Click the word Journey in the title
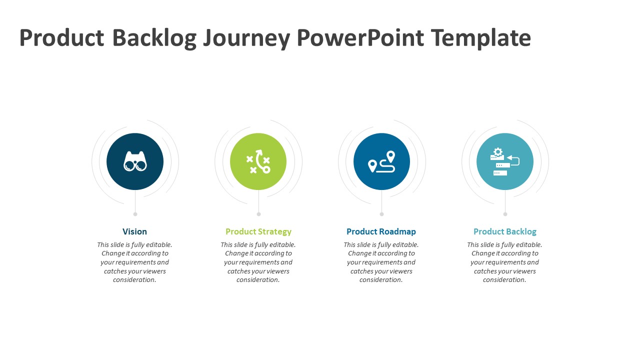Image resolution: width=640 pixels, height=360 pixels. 246,38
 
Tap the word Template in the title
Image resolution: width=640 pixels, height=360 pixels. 481,37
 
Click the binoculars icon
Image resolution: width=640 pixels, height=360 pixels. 135,161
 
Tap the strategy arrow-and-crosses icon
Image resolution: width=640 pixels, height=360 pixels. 258,161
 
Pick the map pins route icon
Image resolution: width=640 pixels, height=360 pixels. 381,161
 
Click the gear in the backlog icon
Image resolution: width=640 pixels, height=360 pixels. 497,151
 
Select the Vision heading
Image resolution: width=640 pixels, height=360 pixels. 134,231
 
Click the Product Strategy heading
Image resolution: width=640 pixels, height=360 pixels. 258,231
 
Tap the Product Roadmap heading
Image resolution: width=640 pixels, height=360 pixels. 381,231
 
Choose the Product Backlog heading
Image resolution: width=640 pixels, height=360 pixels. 505,231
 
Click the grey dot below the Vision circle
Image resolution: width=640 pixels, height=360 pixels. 135,214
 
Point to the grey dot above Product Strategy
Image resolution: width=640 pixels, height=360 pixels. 258,214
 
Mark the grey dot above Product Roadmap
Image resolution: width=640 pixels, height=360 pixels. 381,214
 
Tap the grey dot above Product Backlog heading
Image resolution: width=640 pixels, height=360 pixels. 505,214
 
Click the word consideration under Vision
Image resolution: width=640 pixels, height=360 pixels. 134,279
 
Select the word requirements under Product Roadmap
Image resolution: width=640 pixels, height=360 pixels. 381,262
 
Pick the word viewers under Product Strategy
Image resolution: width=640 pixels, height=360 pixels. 277,271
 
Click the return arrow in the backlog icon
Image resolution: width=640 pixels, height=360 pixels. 513,160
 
